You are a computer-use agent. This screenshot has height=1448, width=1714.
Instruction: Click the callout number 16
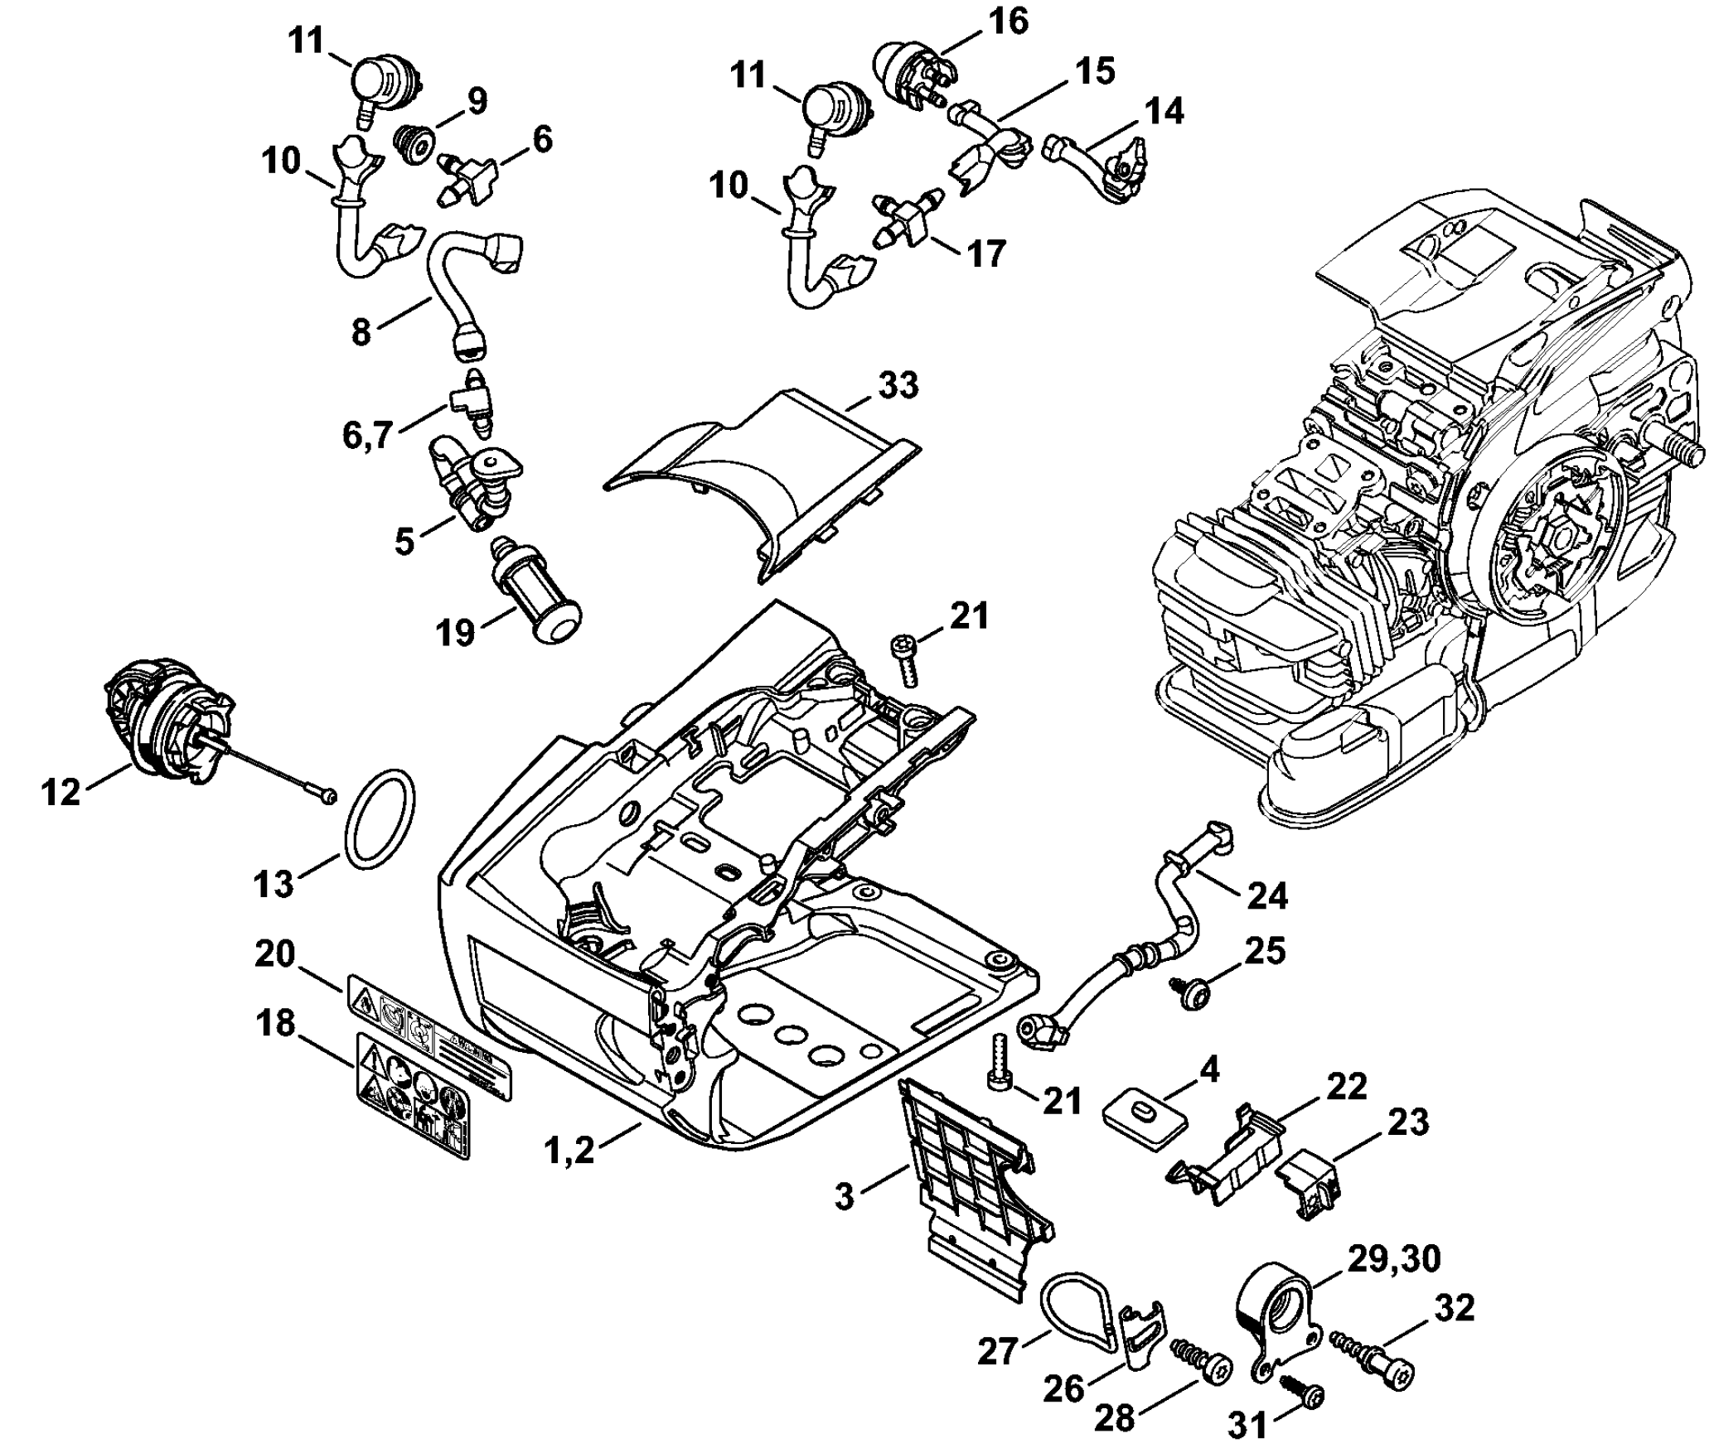[1007, 22]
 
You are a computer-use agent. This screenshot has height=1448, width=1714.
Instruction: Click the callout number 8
[361, 333]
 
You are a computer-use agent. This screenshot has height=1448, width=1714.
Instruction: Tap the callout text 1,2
[570, 1151]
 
